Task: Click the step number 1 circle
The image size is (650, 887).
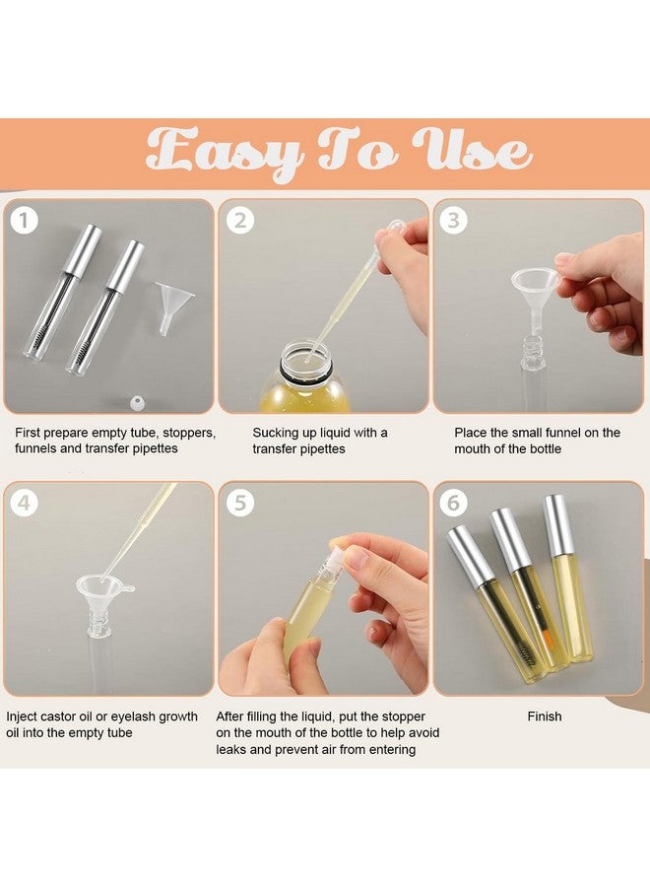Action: pos(24,220)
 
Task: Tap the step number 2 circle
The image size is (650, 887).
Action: pos(240,220)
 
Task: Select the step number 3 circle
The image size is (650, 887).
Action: pos(454,220)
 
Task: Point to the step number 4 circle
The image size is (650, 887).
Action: pos(24,502)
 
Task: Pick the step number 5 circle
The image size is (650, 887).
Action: pos(240,502)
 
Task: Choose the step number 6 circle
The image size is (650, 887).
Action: pos(454,502)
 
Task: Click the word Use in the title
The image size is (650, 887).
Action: pos(471,151)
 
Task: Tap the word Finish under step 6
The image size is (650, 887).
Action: pos(545,716)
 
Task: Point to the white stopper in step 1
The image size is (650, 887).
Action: pos(137,403)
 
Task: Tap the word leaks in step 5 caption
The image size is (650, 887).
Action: pos(230,750)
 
